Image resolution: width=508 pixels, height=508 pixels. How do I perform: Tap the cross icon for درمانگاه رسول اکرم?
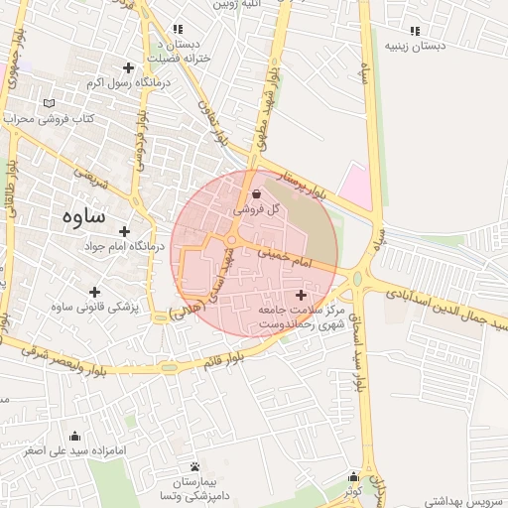(128, 67)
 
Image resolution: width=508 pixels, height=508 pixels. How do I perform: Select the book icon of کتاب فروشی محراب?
(51, 103)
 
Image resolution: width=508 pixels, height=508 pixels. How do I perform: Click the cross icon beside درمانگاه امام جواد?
(124, 230)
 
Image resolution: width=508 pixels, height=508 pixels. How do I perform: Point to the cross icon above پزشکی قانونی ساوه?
(94, 292)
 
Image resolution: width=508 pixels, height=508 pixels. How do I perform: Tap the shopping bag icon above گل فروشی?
(258, 194)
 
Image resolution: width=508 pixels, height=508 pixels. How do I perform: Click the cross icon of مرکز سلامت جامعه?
(302, 295)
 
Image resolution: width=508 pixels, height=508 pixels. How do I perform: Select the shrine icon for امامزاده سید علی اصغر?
(75, 435)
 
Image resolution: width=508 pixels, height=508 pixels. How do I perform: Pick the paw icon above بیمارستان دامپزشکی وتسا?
(194, 466)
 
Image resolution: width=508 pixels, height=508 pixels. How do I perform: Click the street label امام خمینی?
(285, 260)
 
